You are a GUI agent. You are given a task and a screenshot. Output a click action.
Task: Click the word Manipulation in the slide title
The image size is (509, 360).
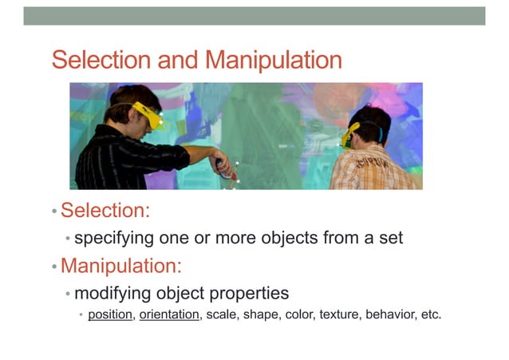click(274, 61)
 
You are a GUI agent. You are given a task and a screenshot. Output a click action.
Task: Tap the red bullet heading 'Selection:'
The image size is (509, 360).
click(105, 212)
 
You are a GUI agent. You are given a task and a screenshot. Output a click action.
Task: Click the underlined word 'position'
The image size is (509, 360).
click(110, 315)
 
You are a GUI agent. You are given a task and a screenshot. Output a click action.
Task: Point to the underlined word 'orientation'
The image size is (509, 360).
click(169, 315)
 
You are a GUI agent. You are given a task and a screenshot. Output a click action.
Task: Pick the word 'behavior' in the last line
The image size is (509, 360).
click(391, 315)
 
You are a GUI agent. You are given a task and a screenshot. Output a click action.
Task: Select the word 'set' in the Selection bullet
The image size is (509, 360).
click(390, 238)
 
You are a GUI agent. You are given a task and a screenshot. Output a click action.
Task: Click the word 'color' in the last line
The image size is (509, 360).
click(298, 315)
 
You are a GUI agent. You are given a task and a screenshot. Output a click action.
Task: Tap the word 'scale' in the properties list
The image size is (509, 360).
click(222, 315)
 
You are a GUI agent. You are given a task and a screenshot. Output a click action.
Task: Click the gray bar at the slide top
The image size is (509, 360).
click(254, 15)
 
